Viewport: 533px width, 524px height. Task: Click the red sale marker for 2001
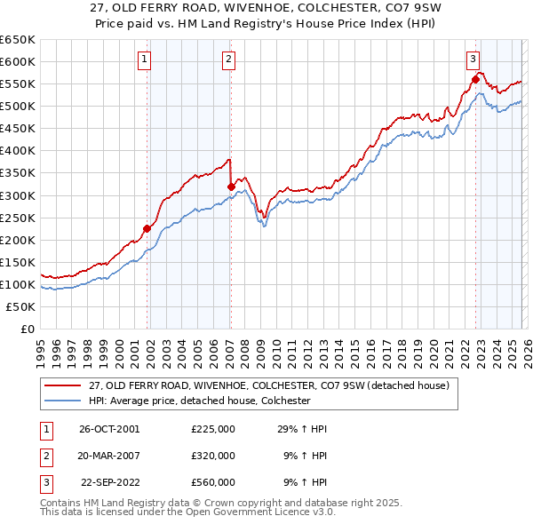pyautogui.click(x=147, y=228)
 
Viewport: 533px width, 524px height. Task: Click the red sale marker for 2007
pyautogui.click(x=231, y=187)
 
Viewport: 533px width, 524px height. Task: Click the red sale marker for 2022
pyautogui.click(x=475, y=80)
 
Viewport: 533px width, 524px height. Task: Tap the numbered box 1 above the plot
pyautogui.click(x=145, y=60)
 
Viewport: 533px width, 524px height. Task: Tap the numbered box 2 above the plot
pyautogui.click(x=228, y=60)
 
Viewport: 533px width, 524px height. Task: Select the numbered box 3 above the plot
pyautogui.click(x=473, y=60)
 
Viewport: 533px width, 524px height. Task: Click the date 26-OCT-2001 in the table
pyautogui.click(x=109, y=429)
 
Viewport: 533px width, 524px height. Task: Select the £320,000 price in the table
pyautogui.click(x=213, y=456)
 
